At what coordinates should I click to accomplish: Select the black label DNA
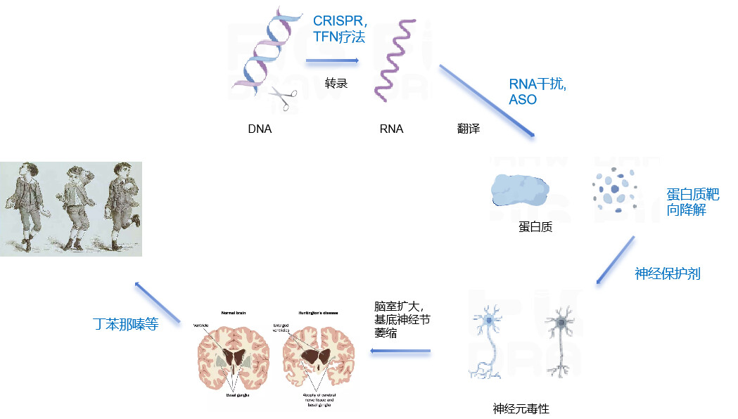pyautogui.click(x=260, y=129)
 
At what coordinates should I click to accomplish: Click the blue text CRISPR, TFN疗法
pyautogui.click(x=340, y=30)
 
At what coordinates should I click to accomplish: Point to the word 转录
pyautogui.click(x=336, y=84)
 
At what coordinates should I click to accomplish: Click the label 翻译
pyautogui.click(x=468, y=129)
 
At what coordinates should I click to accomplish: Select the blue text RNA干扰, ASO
pyautogui.click(x=537, y=91)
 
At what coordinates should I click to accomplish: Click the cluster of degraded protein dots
pyautogui.click(x=614, y=188)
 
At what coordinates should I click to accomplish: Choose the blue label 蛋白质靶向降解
pyautogui.click(x=692, y=202)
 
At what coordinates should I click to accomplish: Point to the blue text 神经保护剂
pyautogui.click(x=667, y=274)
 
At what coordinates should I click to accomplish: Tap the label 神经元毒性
pyautogui.click(x=521, y=408)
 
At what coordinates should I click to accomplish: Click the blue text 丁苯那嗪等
pyautogui.click(x=125, y=325)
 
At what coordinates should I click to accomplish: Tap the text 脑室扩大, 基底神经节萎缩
pyautogui.click(x=402, y=320)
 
